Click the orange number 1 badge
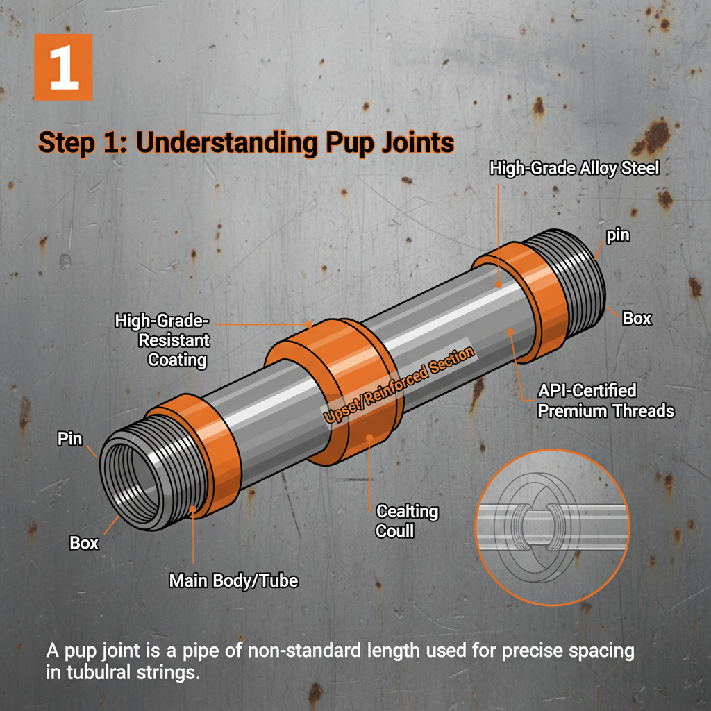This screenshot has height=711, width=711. [63, 67]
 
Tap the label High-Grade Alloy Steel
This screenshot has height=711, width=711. [574, 168]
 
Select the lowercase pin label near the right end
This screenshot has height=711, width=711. [617, 235]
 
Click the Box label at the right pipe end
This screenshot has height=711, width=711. [637, 318]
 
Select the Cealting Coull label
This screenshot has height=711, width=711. [407, 521]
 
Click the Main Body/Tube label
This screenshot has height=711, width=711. [233, 580]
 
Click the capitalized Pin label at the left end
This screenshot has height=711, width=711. [69, 440]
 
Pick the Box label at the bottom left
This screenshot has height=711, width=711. [84, 543]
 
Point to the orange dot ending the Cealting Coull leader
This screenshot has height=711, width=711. [371, 438]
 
